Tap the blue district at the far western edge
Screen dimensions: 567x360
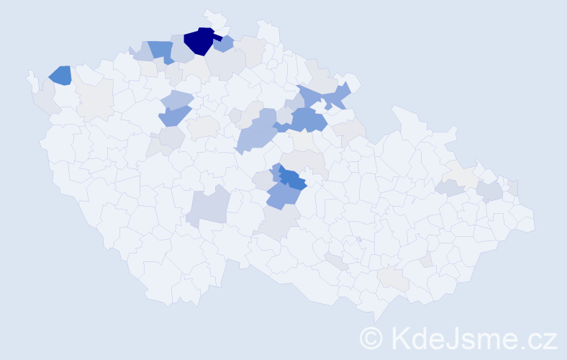[x=60, y=75]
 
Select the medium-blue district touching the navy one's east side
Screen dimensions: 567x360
[x=224, y=44]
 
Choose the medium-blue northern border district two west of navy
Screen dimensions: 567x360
[x=162, y=51]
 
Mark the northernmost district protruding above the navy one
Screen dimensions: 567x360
[x=214, y=17]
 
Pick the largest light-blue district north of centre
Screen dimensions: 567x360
[x=255, y=134]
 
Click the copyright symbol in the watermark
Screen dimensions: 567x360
[x=371, y=337]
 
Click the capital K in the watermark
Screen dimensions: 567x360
[x=399, y=337]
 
